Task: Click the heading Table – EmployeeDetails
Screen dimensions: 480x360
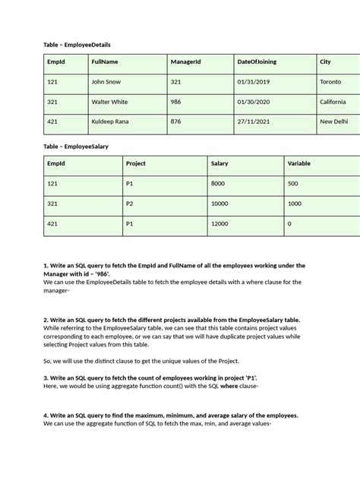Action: point(82,45)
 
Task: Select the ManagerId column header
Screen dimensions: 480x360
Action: point(185,62)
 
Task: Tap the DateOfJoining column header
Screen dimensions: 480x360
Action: point(261,62)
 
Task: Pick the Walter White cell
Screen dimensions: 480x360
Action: point(109,102)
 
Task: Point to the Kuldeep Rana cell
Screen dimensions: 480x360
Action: point(112,122)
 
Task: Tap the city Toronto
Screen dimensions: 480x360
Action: point(331,82)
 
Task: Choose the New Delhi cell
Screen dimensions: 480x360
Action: point(334,122)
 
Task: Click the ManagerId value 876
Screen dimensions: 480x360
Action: point(176,122)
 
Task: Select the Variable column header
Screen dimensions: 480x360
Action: point(299,163)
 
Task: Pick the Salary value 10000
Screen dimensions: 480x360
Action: point(219,204)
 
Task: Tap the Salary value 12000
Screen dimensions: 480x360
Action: point(219,224)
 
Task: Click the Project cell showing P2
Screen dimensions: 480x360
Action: point(130,204)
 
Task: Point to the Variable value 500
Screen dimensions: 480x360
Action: point(293,183)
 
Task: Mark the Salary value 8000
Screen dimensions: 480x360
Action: point(218,183)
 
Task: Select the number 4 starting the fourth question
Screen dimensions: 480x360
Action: point(46,415)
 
